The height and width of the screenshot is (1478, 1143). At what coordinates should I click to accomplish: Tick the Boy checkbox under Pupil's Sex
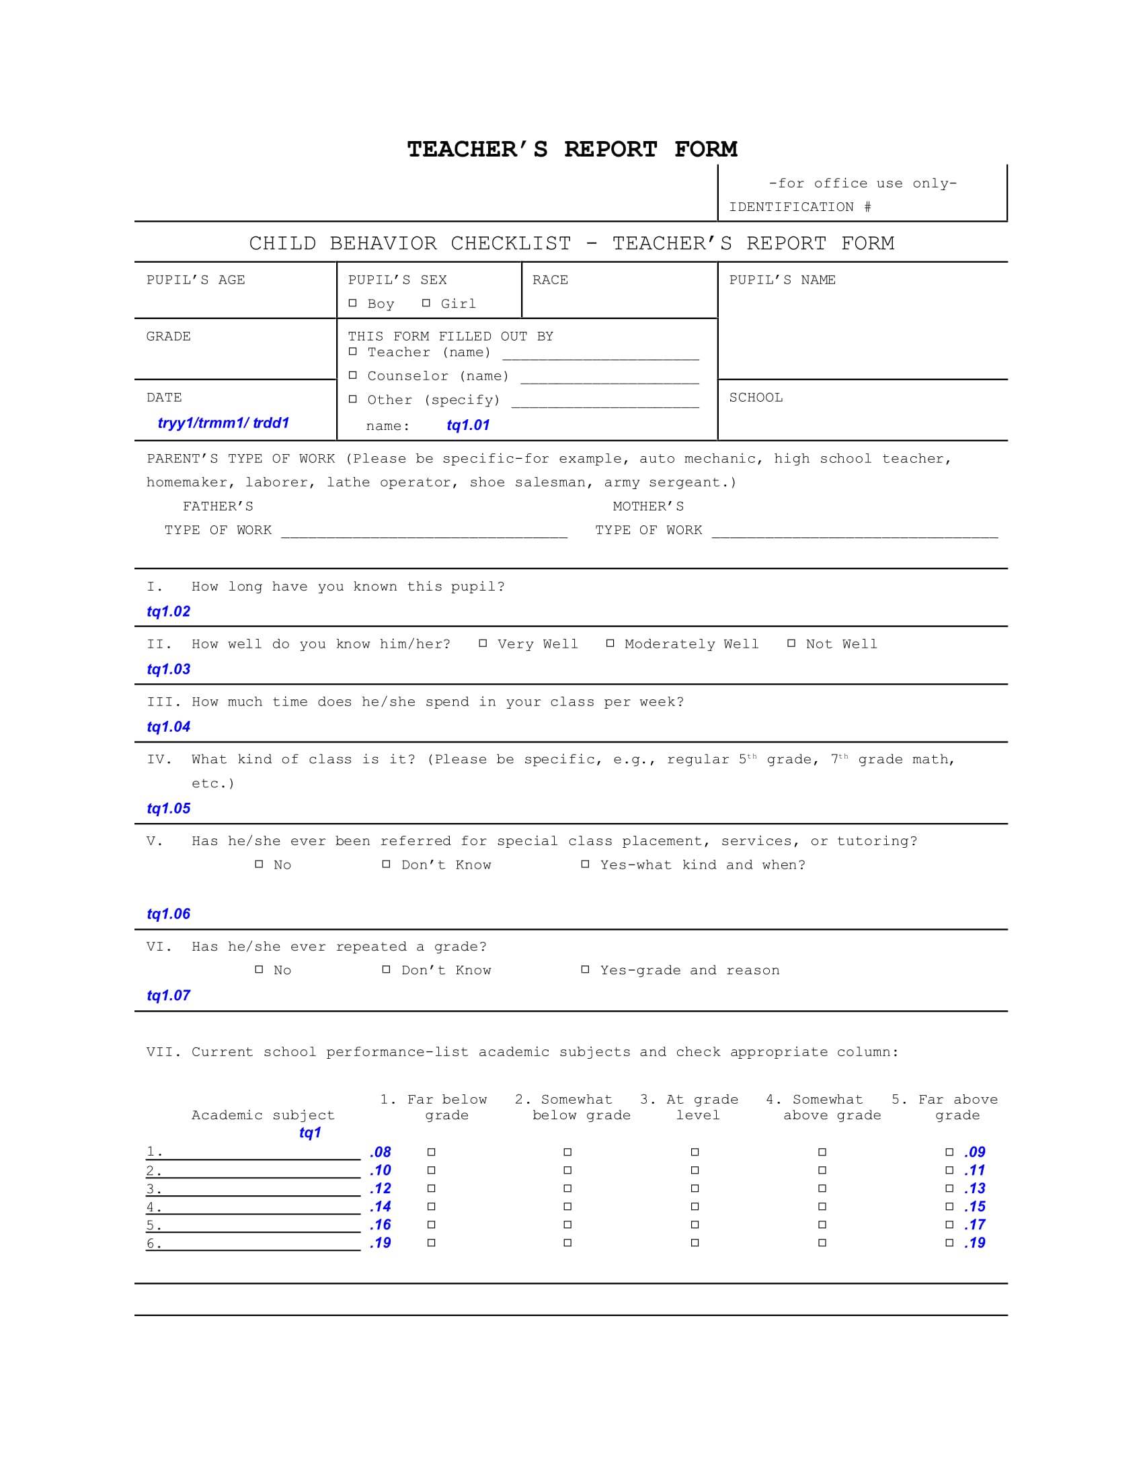coord(353,303)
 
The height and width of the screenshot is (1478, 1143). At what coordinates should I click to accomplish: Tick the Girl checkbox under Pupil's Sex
coord(426,303)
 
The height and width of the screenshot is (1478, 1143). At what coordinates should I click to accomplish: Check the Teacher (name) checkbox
coord(353,351)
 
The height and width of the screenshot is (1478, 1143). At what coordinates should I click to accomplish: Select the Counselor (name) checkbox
coord(353,375)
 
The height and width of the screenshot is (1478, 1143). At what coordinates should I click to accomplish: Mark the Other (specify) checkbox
coord(353,399)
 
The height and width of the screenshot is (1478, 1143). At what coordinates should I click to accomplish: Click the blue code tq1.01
coord(468,425)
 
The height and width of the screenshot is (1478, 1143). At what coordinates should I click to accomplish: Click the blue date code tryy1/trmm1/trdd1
coord(223,423)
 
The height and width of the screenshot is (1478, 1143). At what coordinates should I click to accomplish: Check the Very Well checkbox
coord(483,644)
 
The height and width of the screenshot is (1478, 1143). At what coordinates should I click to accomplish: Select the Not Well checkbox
coord(791,644)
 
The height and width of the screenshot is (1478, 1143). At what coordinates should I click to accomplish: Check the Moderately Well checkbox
coord(610,644)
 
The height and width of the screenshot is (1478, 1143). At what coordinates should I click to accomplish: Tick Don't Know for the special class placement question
coord(386,864)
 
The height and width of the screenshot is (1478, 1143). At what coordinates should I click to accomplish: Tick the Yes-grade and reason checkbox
coord(585,969)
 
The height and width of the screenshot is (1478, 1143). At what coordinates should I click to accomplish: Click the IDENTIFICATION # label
coord(799,207)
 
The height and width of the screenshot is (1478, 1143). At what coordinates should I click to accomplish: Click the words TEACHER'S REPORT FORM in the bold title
coord(571,149)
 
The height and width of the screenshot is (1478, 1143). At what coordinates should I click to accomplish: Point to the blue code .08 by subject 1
coord(381,1151)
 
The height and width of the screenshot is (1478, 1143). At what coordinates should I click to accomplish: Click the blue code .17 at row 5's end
coord(974,1224)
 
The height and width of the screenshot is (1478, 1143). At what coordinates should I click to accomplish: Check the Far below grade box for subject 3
coord(432,1188)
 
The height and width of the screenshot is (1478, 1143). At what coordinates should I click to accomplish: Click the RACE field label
coord(550,280)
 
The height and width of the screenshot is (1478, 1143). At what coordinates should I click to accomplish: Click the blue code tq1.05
coord(169,808)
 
